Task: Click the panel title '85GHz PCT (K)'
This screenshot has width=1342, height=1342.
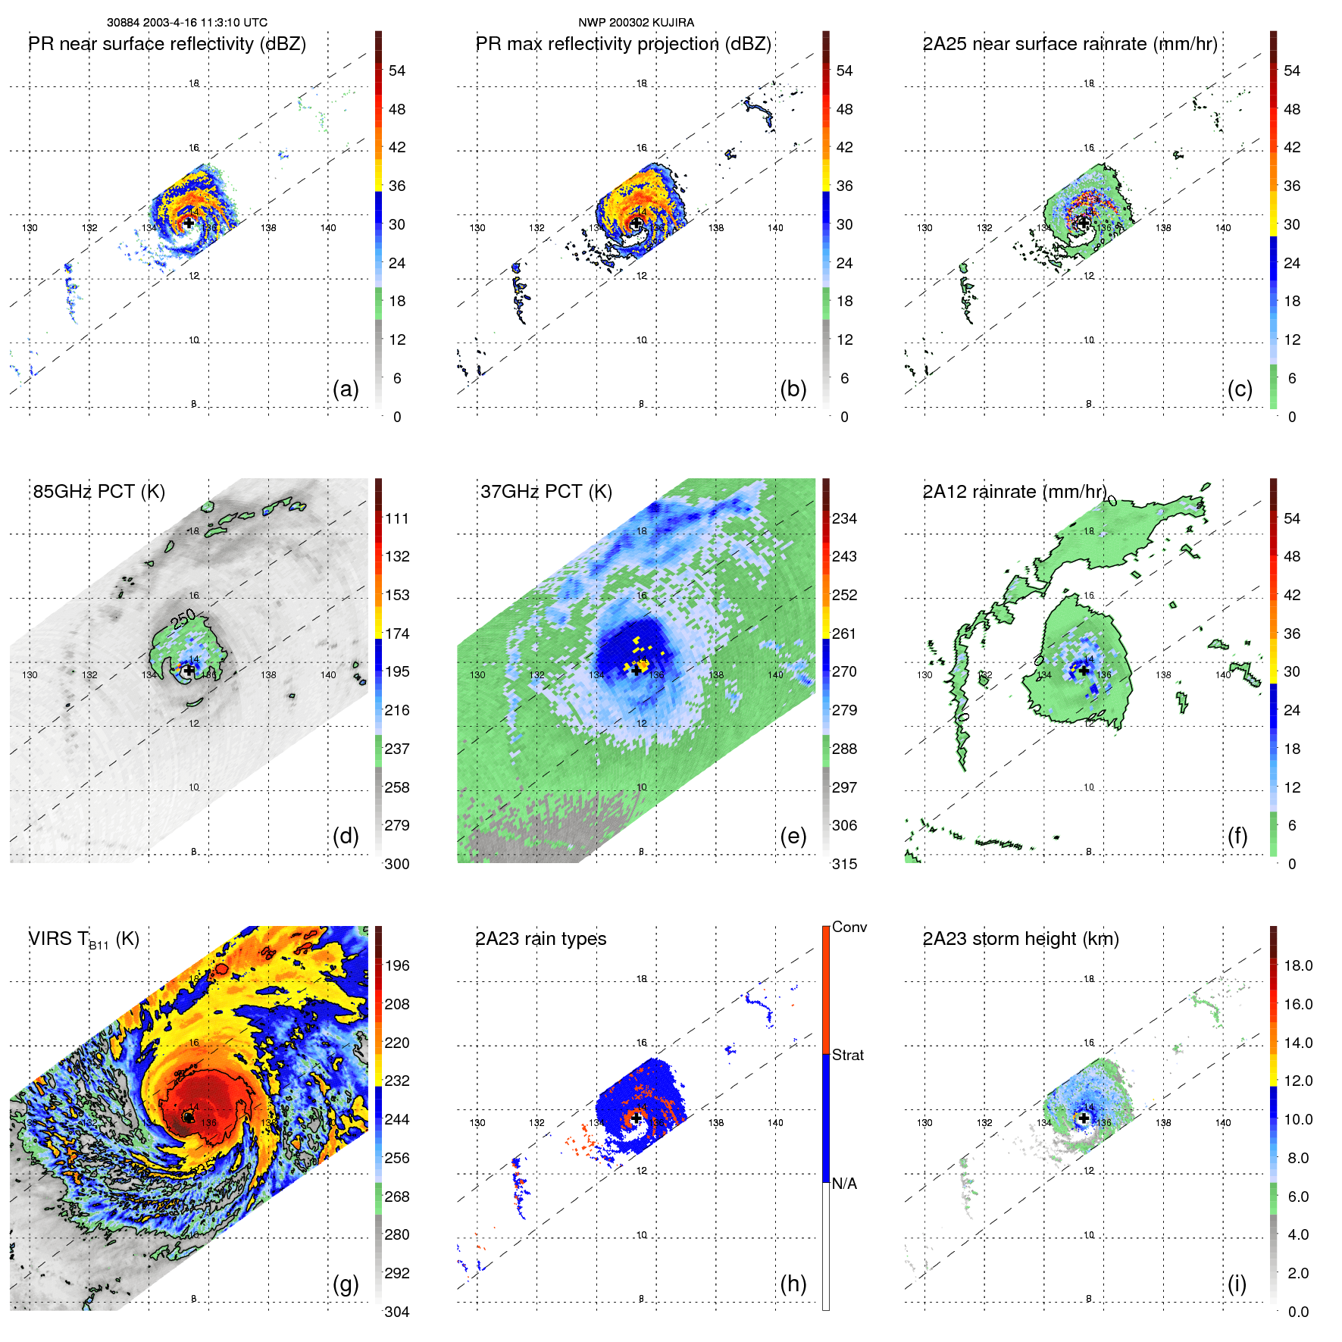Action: pyautogui.click(x=99, y=492)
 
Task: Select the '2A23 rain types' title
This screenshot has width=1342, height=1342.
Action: pyautogui.click(x=540, y=939)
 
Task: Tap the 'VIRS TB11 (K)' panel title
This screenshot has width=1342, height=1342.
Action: pyautogui.click(x=83, y=940)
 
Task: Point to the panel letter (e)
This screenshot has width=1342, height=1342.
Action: pyautogui.click(x=793, y=836)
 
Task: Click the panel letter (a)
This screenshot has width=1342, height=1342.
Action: pyautogui.click(x=346, y=389)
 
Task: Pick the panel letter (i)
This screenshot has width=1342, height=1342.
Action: pyautogui.click(x=1237, y=1284)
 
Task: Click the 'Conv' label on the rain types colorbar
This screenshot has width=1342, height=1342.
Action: pyautogui.click(x=849, y=928)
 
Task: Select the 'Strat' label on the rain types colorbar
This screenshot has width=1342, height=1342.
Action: pyautogui.click(x=848, y=1055)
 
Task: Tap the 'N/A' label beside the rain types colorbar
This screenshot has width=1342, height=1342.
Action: pyautogui.click(x=844, y=1184)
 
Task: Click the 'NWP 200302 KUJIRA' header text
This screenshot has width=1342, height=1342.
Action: pyautogui.click(x=636, y=23)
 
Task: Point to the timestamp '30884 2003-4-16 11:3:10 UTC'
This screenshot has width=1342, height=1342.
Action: pyautogui.click(x=187, y=23)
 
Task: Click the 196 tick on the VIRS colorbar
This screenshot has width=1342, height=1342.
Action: pyautogui.click(x=396, y=965)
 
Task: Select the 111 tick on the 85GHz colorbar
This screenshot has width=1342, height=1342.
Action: pyautogui.click(x=396, y=518)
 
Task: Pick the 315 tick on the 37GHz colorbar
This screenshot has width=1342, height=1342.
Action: pyautogui.click(x=844, y=864)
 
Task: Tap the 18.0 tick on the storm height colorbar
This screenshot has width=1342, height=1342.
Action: pyautogui.click(x=1297, y=965)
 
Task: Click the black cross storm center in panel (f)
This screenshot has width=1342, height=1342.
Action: pyautogui.click(x=1084, y=670)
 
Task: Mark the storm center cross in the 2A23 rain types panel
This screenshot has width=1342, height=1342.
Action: pyautogui.click(x=637, y=1118)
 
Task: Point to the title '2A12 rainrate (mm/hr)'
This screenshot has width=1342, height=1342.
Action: pyautogui.click(x=1014, y=492)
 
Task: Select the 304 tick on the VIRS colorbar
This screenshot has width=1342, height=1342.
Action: pyautogui.click(x=396, y=1312)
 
